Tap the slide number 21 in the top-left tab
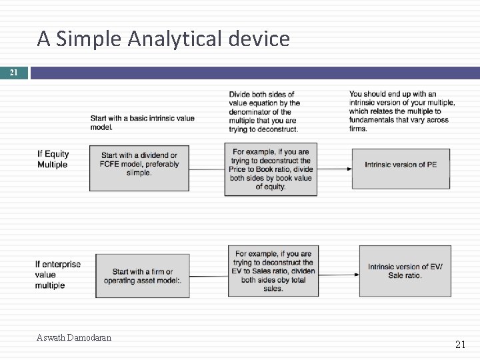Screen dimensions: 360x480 click(x=14, y=73)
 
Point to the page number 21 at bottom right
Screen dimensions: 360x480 click(x=460, y=344)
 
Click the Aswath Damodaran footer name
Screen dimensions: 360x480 click(x=74, y=337)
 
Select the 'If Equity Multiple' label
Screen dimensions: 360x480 click(x=53, y=159)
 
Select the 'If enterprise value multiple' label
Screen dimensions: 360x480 click(x=58, y=275)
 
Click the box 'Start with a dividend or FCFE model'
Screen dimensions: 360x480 click(x=139, y=165)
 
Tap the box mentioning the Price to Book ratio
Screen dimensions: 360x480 click(x=271, y=169)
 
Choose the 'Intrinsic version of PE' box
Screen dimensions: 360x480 click(x=401, y=165)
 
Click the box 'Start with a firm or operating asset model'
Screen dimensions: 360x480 click(x=142, y=276)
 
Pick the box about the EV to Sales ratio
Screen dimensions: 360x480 click(x=273, y=271)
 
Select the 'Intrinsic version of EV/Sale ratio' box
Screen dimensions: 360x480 click(x=405, y=271)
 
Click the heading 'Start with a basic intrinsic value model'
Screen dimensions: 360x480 click(x=143, y=123)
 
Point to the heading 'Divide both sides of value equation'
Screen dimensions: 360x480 click(x=265, y=111)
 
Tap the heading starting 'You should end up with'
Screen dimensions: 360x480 click(x=402, y=111)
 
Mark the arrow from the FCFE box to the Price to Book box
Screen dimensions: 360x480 click(x=206, y=169)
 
